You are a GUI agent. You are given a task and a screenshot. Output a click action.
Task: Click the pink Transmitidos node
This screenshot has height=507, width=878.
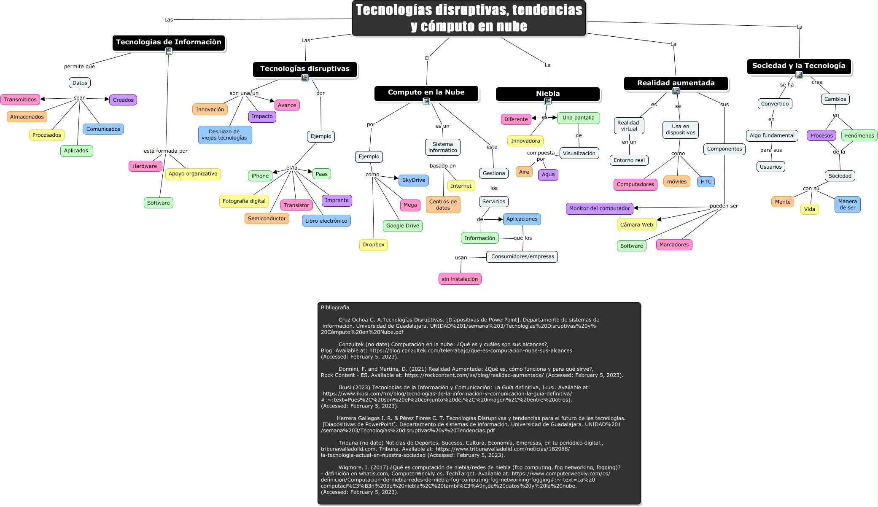[x=20, y=100]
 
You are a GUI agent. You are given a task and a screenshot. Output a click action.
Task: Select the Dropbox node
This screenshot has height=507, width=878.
[x=374, y=245]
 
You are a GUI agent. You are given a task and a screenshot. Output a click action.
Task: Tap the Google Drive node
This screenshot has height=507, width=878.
[x=402, y=226]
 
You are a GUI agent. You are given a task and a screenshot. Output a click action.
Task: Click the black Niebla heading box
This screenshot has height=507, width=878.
[x=547, y=94]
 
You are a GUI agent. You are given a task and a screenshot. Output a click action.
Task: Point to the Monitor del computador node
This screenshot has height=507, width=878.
[x=599, y=208]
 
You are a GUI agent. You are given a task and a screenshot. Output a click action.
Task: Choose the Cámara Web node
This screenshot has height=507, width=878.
[x=636, y=225]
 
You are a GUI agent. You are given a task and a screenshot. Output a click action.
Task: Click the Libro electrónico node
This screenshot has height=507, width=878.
[x=326, y=221]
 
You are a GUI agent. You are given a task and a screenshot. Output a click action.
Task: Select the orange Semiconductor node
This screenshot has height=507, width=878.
[x=267, y=218]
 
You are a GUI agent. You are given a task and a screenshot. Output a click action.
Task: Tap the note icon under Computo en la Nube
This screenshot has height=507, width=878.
[x=426, y=101]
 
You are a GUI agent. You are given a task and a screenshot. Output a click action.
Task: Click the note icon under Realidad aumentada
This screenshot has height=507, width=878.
[x=676, y=91]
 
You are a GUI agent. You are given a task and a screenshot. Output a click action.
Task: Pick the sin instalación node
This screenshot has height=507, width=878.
[x=460, y=279]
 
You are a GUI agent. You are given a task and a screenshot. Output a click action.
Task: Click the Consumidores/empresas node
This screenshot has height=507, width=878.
[x=522, y=256]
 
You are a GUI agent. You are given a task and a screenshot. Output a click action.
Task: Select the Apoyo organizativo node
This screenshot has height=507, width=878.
[x=193, y=174]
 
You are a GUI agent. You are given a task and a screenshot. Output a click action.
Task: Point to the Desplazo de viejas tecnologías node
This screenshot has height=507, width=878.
[x=224, y=135]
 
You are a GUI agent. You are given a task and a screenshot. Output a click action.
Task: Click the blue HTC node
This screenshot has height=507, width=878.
[x=706, y=182]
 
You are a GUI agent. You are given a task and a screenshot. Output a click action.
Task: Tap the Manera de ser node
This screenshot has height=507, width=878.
[x=847, y=205]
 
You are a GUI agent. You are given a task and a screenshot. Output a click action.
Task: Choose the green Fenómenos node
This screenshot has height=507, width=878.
[x=859, y=135]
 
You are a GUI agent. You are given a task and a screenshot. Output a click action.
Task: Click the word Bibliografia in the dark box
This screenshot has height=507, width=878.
[x=335, y=307]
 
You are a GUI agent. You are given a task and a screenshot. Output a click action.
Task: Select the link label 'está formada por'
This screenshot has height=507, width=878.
[x=165, y=151]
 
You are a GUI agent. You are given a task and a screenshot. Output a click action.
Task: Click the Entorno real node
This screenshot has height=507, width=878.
[x=629, y=160]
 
